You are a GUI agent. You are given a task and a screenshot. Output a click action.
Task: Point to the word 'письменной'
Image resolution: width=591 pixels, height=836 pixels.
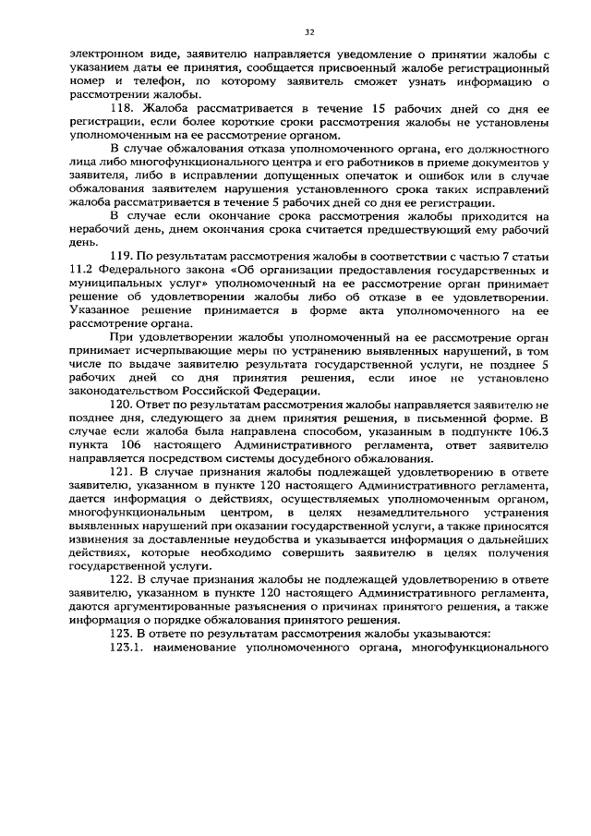pyautogui.click(x=452, y=418)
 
